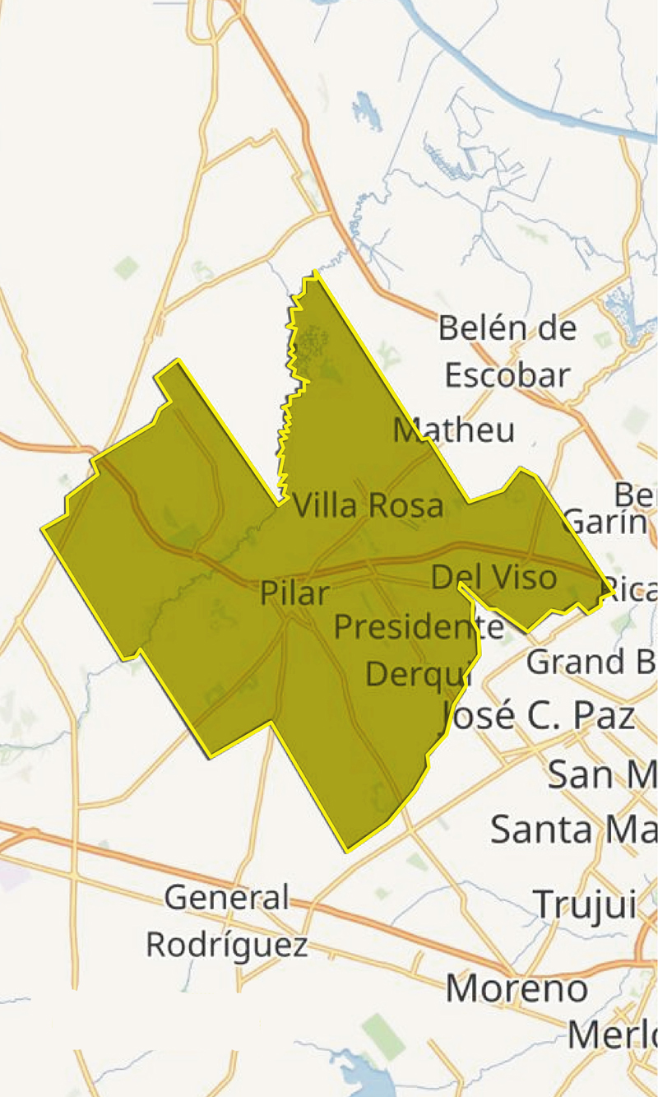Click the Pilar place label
pyautogui.click(x=294, y=593)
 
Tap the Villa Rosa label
pyautogui.click(x=368, y=505)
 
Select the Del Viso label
pyautogui.click(x=493, y=578)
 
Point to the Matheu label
pyautogui.click(x=454, y=430)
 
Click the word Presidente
pyautogui.click(x=419, y=627)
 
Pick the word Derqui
pyautogui.click(x=416, y=674)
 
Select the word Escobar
pyautogui.click(x=507, y=375)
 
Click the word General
pyautogui.click(x=227, y=897)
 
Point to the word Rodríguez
pyautogui.click(x=227, y=945)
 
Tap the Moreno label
pyautogui.click(x=517, y=988)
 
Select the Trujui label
pyautogui.click(x=586, y=904)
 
